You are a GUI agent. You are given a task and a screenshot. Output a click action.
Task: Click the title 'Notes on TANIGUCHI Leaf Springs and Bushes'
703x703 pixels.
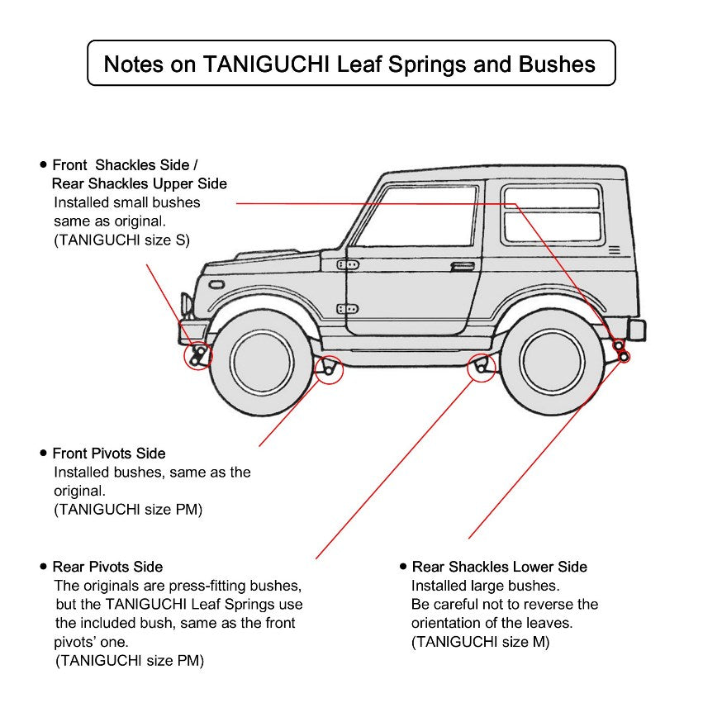[350, 64]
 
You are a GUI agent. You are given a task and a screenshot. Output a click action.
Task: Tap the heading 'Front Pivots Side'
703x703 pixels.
[108, 454]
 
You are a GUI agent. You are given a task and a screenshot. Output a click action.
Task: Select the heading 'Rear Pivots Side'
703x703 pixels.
[107, 567]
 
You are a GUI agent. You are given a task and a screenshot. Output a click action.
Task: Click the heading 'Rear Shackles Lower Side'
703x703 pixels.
[499, 567]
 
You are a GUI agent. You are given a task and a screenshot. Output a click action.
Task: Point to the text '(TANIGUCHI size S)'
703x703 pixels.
[121, 240]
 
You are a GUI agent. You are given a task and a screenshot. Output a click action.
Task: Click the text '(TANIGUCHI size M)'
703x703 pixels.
[480, 642]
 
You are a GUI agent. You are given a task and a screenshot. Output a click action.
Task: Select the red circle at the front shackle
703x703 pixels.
[198, 356]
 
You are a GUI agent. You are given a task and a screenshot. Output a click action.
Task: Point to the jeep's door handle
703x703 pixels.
[463, 267]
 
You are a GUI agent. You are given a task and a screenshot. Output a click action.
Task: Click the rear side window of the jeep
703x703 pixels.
[551, 214]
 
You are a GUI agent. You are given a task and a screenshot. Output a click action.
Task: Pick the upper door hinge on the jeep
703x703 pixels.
[348, 265]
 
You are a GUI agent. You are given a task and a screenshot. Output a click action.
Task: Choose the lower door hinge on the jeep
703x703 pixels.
[348, 309]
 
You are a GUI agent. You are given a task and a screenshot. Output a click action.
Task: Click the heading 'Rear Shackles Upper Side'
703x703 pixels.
[139, 183]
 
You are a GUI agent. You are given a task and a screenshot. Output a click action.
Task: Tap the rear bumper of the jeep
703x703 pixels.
[636, 330]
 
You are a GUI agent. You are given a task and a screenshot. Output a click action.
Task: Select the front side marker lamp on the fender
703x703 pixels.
[216, 284]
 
